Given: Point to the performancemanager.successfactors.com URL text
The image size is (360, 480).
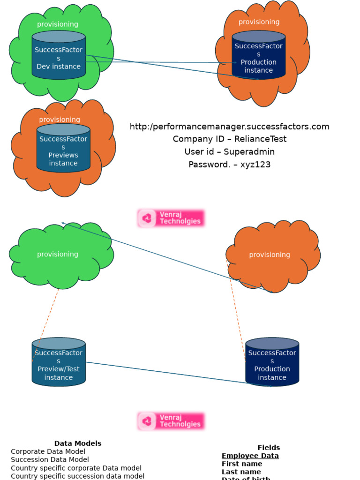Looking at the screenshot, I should [x=229, y=127].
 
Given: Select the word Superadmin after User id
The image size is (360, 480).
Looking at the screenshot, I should [x=249, y=152].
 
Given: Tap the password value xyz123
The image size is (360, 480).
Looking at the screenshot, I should [x=255, y=165].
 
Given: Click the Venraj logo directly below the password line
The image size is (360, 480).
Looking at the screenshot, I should [x=171, y=218].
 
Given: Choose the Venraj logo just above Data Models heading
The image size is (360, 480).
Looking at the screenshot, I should [x=171, y=421].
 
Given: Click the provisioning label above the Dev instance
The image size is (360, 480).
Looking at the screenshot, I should [x=58, y=24].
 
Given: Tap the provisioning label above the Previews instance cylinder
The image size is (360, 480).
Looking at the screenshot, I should [x=60, y=120].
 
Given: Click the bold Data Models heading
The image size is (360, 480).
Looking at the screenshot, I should [x=78, y=443].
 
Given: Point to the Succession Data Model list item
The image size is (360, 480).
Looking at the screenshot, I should [x=50, y=460].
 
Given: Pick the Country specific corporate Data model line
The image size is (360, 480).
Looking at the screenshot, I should [x=76, y=468].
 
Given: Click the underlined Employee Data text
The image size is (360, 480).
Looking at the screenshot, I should [x=250, y=456].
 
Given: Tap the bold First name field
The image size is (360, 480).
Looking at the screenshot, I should [x=242, y=464].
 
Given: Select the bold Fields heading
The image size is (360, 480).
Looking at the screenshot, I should [x=269, y=448].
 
